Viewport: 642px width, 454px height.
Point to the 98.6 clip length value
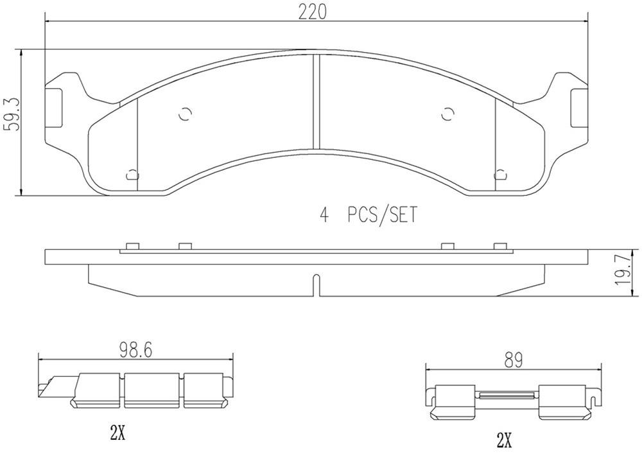pyautogui.click(x=135, y=351)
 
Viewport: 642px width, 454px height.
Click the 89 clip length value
pyautogui.click(x=513, y=360)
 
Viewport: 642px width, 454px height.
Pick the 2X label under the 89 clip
pyautogui.click(x=504, y=440)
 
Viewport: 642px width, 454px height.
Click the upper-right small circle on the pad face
pyautogui.click(x=447, y=114)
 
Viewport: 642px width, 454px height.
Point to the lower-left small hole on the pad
pyautogui.click(x=132, y=173)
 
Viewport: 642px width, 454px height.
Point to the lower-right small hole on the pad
pyautogui.click(x=501, y=173)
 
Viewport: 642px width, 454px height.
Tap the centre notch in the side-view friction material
pyautogui.click(x=316, y=284)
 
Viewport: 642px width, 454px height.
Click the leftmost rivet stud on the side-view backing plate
pyautogui.click(x=132, y=247)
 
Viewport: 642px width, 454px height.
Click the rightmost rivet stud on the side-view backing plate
pyautogui.click(x=501, y=247)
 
